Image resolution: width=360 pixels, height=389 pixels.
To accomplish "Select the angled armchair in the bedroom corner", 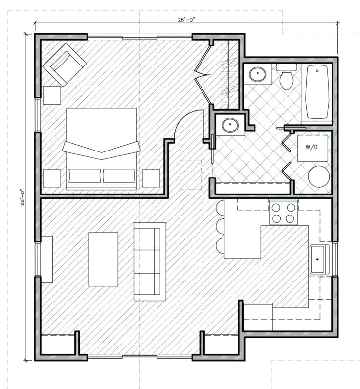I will pyautogui.click(x=65, y=64).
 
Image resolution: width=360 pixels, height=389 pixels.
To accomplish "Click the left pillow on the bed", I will pyautogui.click(x=85, y=175).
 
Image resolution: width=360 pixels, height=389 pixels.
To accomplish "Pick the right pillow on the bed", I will pyautogui.click(x=119, y=175).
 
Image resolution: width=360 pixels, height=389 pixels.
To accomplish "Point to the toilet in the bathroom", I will pyautogui.click(x=286, y=78).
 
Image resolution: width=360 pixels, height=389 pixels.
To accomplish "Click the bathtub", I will pyautogui.click(x=317, y=91).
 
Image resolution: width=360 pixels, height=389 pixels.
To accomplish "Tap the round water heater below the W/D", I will pyautogui.click(x=318, y=176).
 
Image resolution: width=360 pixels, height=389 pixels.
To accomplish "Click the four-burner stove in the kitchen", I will pyautogui.click(x=284, y=213).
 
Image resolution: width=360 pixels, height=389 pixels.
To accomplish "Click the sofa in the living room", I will pyautogui.click(x=149, y=261).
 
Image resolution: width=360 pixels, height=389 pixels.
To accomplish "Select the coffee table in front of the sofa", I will pyautogui.click(x=103, y=259).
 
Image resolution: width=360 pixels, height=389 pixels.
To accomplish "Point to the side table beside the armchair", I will pyautogui.click(x=51, y=95).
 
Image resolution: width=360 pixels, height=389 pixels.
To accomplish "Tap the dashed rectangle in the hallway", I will pyautogui.click(x=190, y=174).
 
